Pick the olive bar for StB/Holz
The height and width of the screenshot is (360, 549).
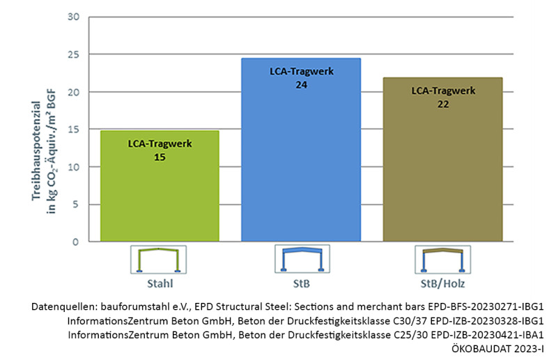pos(442,174)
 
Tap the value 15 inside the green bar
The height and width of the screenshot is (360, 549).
pos(160,157)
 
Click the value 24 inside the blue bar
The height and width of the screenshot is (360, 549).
pos(301,84)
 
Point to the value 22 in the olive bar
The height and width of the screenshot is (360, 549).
pos(443,104)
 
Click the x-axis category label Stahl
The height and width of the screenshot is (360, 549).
pos(160,284)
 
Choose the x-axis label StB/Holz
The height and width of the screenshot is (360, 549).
pos(442,284)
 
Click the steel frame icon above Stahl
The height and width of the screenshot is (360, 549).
pos(160,259)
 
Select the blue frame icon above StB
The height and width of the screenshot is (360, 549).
pos(301,259)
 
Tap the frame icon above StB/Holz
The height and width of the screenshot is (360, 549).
pos(442,259)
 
